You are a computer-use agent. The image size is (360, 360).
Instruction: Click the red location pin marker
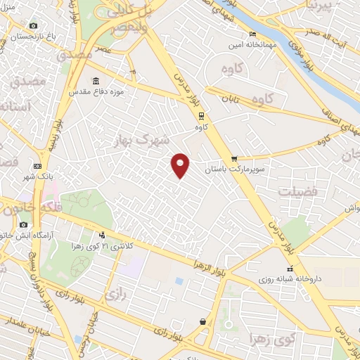click(x=181, y=165)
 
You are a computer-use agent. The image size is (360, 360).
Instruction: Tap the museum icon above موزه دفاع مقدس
click(x=96, y=80)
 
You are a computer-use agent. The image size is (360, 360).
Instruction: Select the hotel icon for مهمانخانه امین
click(x=252, y=34)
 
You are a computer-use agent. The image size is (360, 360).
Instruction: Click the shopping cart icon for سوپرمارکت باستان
click(x=234, y=159)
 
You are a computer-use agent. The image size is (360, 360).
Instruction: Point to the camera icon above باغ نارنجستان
click(x=32, y=27)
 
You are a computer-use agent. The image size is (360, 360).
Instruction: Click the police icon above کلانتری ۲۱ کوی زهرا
click(x=103, y=235)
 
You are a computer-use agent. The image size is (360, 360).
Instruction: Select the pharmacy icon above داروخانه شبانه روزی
click(x=289, y=268)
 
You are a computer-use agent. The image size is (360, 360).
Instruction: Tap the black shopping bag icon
click(x=203, y=321)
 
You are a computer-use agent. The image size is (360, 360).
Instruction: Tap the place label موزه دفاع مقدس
click(x=97, y=91)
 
